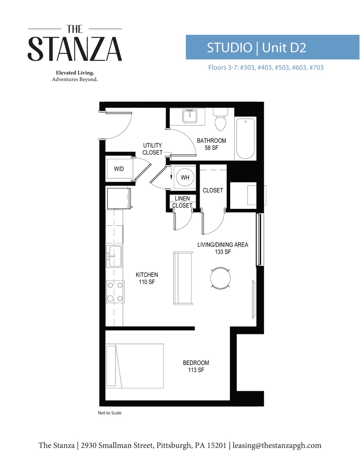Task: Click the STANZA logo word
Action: [75, 49]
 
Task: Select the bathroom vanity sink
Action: [190, 116]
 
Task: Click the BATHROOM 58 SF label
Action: [211, 144]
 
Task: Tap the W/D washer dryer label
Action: [119, 169]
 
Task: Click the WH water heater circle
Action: [185, 177]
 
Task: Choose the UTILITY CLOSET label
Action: [153, 149]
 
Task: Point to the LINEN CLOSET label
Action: [182, 202]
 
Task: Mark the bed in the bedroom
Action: [135, 365]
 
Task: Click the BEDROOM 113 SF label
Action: [196, 366]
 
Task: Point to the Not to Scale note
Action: [110, 413]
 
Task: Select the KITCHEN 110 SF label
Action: [147, 278]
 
